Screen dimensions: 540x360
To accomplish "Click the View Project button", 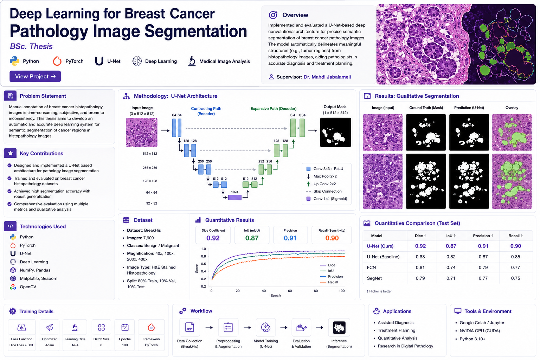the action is coord(35,76).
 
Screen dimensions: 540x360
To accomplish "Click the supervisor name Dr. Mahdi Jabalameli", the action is coord(327,77).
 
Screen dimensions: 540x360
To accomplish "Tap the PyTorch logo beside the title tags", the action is coord(57,61).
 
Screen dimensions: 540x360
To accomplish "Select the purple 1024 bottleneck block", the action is coord(235,198).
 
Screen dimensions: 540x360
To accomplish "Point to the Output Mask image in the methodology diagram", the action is coord(336,133).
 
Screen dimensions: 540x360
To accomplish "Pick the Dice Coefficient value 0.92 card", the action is coord(213,235).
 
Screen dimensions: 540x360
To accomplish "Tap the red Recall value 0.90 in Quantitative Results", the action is coord(332,238).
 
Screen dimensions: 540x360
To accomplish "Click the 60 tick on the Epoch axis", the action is coord(290,291).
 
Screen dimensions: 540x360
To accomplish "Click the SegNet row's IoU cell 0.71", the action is coord(451,278).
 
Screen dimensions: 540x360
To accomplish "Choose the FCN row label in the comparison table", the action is coord(371,268).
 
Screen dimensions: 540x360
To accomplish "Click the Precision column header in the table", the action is coord(483,236).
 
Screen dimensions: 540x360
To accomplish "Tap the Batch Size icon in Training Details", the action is coord(101,327).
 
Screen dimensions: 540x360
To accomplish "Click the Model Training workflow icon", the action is coord(266,327).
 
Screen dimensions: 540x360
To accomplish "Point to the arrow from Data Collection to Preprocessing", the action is coord(209,327).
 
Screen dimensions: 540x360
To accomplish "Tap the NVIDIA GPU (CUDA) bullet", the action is coord(477,331).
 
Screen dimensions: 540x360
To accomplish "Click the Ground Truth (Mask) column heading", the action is coord(426,108).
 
